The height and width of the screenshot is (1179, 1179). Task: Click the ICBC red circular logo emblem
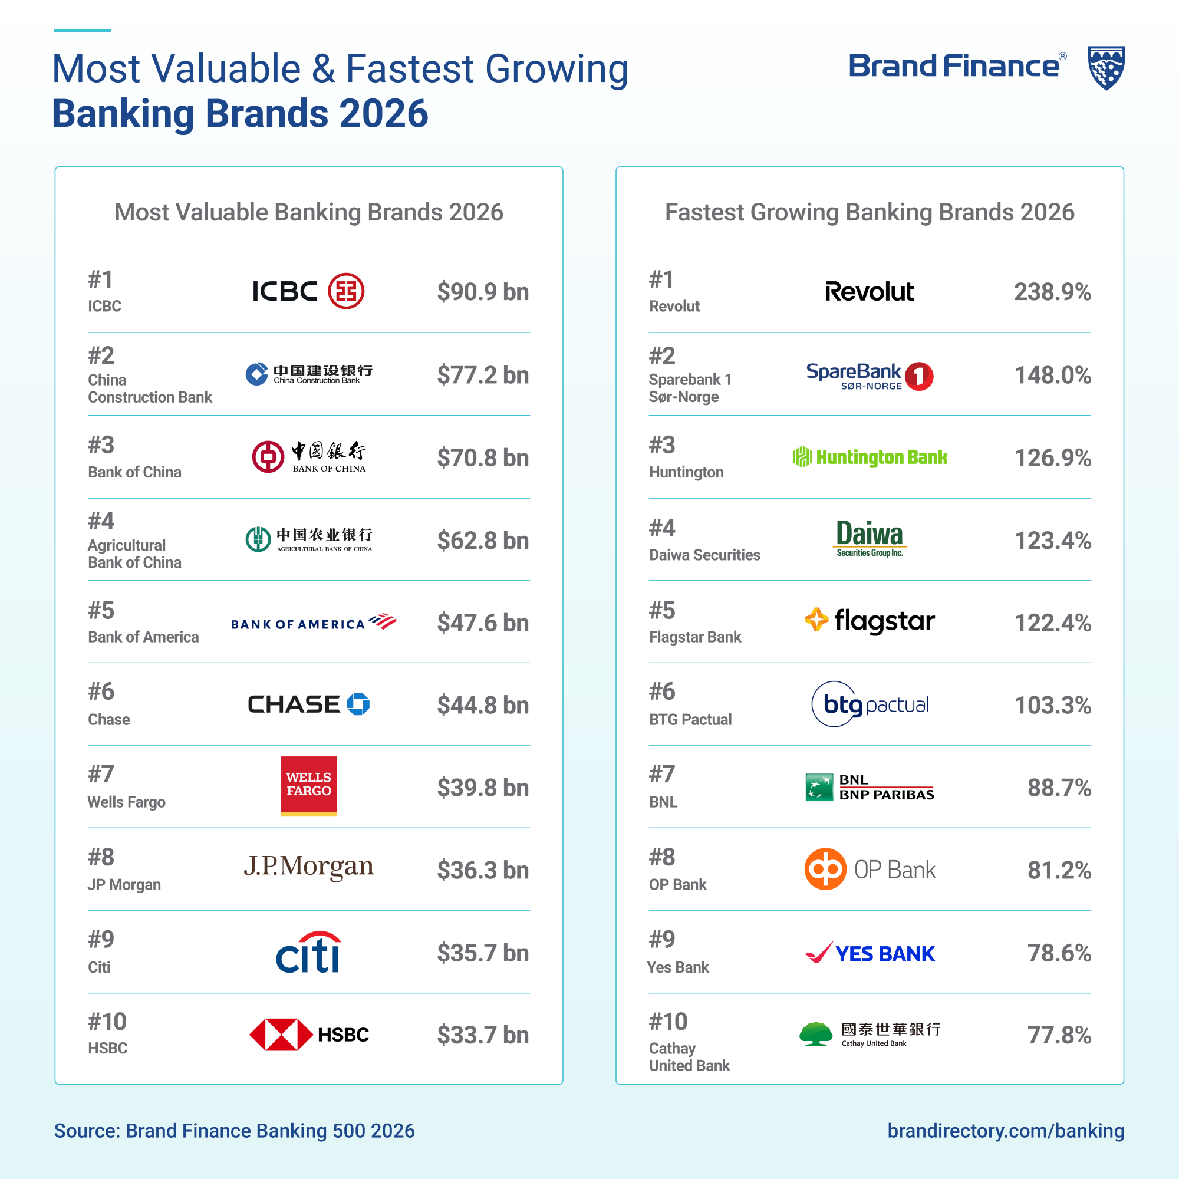346,291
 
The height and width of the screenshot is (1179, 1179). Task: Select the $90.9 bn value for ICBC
483,292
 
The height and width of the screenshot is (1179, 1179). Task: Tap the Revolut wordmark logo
869,292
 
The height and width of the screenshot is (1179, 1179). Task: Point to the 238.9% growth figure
1052,292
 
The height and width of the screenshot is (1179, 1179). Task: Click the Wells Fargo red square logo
309,785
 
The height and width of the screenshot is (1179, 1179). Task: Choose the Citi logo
309,952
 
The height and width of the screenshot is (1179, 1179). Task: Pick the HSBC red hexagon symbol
281,1035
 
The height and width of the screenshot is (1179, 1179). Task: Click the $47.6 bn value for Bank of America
483,623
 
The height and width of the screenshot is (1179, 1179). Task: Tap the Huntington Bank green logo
869,457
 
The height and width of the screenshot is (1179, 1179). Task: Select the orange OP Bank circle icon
825,869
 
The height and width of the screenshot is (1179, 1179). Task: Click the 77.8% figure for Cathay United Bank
1059,1035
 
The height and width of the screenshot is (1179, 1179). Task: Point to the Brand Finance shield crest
1106,68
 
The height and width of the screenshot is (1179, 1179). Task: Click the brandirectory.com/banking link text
1005,1131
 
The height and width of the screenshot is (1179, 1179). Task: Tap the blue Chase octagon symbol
358,704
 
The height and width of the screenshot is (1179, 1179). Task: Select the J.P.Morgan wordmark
309,867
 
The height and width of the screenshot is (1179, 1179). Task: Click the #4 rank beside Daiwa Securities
662,528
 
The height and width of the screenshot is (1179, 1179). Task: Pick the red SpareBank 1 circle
918,376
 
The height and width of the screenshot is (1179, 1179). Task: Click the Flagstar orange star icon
816,620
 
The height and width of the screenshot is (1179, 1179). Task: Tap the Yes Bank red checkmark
818,952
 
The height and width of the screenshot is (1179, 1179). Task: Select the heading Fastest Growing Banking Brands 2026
869,212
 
